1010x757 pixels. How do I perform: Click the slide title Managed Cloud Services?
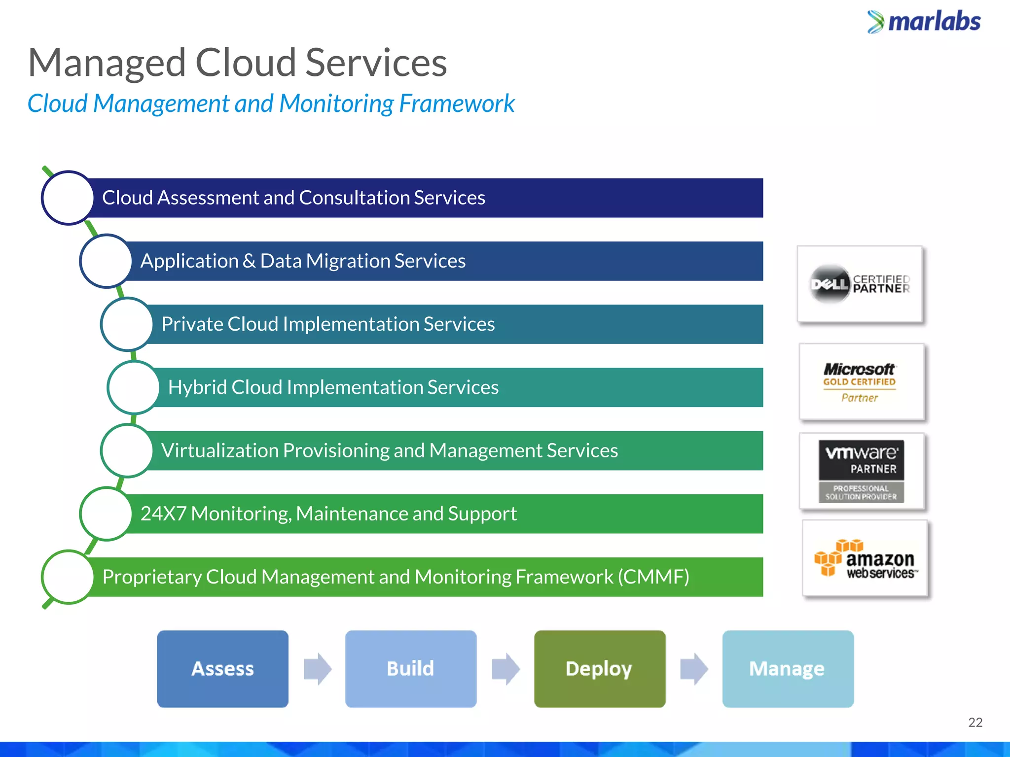pos(237,63)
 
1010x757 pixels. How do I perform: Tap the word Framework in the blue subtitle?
pos(457,104)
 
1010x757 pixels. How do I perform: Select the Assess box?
pos(222,669)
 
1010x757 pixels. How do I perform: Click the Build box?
pos(411,669)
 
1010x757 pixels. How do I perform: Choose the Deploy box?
pos(599,669)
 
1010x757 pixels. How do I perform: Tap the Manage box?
pos(788,669)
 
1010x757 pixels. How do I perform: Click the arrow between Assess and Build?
pos(317,669)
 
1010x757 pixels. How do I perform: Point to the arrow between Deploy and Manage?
pos(694,669)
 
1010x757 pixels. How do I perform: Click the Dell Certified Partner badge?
pos(860,284)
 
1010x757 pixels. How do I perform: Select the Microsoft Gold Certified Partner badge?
pos(861,382)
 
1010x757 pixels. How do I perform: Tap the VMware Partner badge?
pos(861,471)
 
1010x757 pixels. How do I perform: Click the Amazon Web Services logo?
pos(865,558)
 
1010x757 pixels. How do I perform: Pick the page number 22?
pos(975,723)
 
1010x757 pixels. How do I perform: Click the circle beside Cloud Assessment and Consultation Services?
pos(68,198)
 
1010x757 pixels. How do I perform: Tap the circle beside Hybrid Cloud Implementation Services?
pos(133,387)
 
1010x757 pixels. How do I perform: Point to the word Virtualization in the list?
pos(220,450)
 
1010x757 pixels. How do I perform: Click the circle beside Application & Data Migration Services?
pos(106,261)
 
